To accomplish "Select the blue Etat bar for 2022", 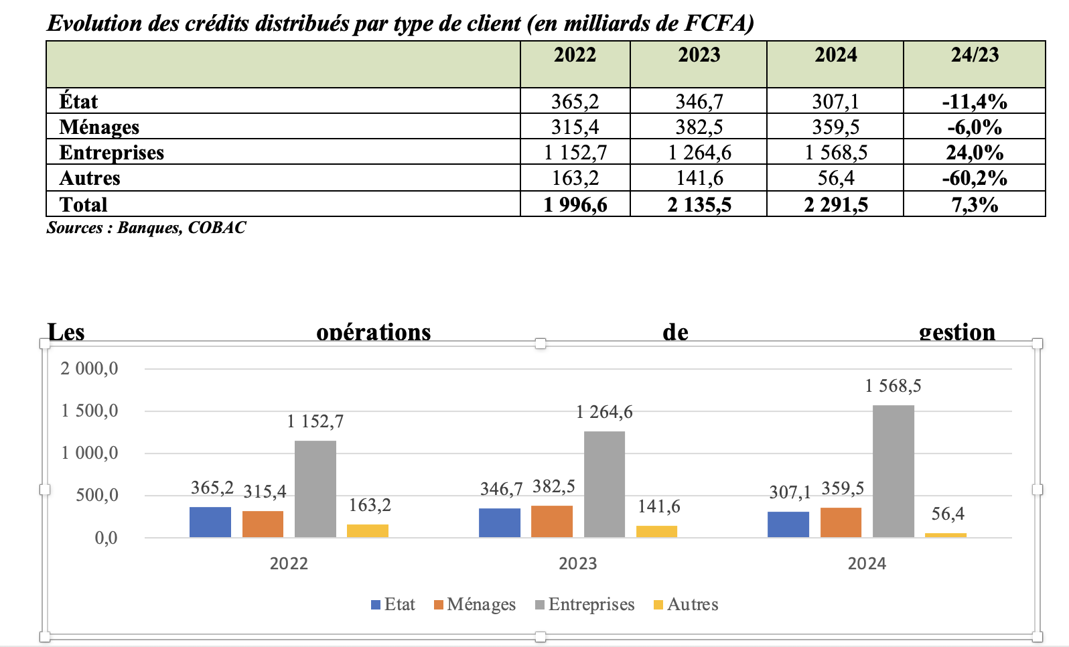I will [x=210, y=522].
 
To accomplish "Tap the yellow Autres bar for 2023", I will [x=656, y=531].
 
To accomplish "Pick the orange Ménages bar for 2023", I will [x=552, y=521].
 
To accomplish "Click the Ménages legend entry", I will [x=475, y=604].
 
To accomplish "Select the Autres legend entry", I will [x=686, y=604].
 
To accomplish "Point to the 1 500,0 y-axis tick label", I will [x=90, y=411].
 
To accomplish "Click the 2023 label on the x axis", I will [x=577, y=563].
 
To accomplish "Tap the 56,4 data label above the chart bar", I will [x=948, y=514].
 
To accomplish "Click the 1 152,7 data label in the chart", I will [x=315, y=421].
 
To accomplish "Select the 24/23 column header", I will [x=975, y=55].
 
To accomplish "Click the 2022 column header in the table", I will [x=575, y=55].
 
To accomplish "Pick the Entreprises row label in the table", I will [x=112, y=153].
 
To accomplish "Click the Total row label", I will [x=83, y=204].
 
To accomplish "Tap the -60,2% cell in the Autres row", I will [x=975, y=178].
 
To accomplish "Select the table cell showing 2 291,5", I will [x=835, y=204].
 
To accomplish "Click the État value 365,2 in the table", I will [x=575, y=102].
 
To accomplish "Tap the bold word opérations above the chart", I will [x=373, y=332].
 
